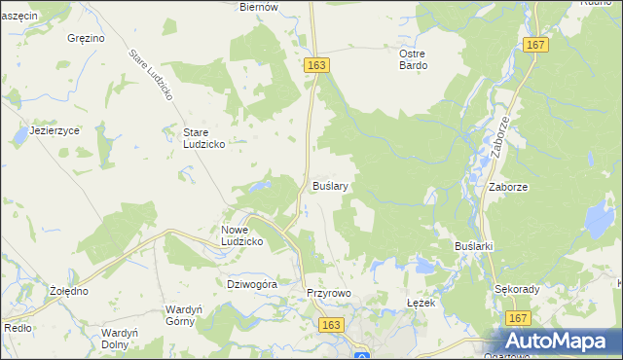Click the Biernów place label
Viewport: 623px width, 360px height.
coord(259,7)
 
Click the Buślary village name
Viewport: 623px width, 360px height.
coord(330,184)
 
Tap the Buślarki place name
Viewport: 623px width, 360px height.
coord(475,246)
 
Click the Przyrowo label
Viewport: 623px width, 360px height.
coord(327,293)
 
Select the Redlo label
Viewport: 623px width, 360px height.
coord(18,329)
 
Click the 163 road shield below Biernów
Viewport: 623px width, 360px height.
coord(315,64)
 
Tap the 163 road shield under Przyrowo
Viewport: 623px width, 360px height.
coord(333,325)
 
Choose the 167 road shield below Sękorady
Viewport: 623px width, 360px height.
coord(518,319)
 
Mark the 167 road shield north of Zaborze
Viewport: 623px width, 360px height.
coord(534,45)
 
